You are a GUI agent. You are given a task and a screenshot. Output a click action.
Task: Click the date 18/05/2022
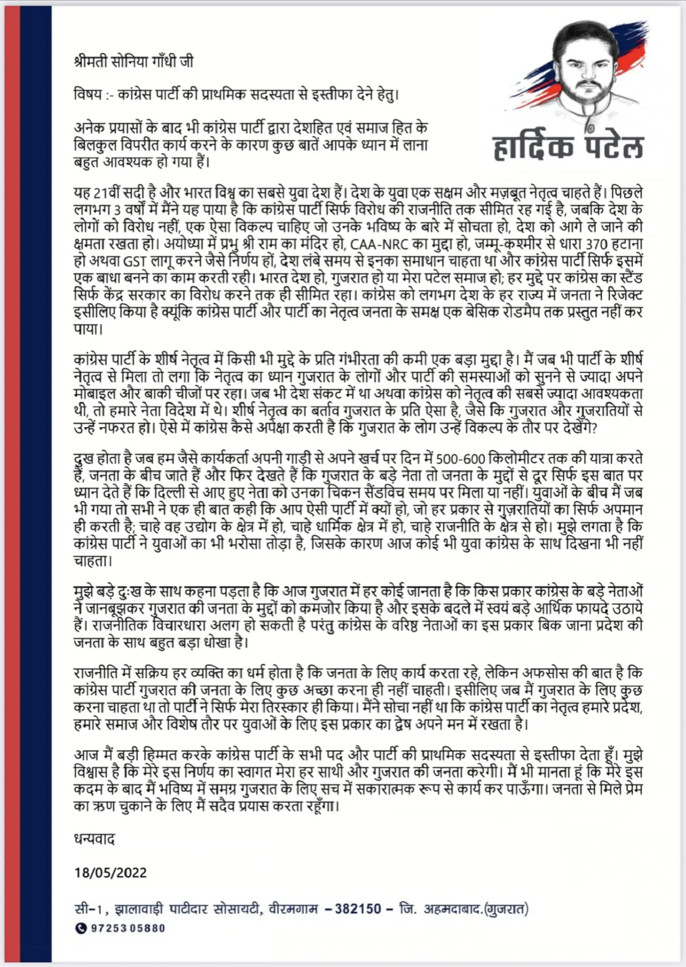point(110,873)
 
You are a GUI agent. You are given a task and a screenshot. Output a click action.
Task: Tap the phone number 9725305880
point(128,928)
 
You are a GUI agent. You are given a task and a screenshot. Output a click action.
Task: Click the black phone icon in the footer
point(81,928)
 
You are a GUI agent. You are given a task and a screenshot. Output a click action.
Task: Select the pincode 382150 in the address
point(358,909)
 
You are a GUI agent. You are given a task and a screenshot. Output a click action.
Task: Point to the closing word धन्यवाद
point(95,839)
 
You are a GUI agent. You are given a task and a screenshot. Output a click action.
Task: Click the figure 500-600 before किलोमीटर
point(460,459)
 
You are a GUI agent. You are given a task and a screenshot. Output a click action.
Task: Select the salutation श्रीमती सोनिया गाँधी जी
point(134,61)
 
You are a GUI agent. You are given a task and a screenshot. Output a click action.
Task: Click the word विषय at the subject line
point(88,94)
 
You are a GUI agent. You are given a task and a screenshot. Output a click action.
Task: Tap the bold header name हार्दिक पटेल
point(568,147)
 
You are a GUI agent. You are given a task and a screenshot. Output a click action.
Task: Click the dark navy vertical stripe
point(36,483)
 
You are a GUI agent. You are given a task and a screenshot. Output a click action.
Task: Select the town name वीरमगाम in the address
point(292,909)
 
